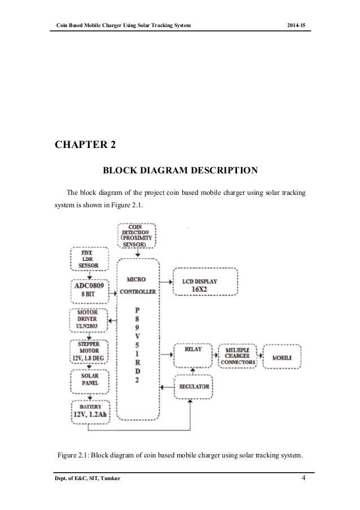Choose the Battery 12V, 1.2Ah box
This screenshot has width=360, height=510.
tap(90, 412)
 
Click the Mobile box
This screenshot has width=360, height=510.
tap(282, 358)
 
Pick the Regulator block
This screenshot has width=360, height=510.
tap(194, 387)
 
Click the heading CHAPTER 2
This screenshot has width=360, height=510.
tap(85, 146)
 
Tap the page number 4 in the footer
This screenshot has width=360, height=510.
tap(304, 480)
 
